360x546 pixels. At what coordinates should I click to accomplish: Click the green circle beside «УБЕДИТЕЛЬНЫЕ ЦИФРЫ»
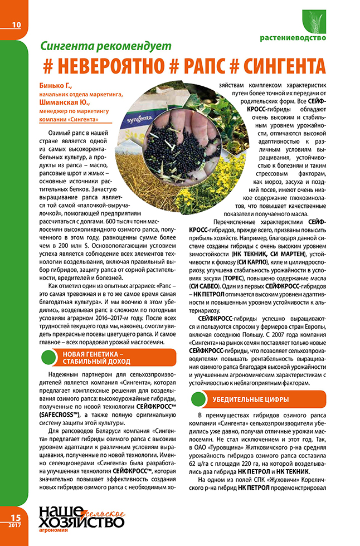click(x=201, y=400)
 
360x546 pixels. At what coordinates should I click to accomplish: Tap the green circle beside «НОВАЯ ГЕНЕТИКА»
click(x=49, y=358)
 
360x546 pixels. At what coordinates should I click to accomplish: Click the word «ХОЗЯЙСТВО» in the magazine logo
click(x=81, y=523)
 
